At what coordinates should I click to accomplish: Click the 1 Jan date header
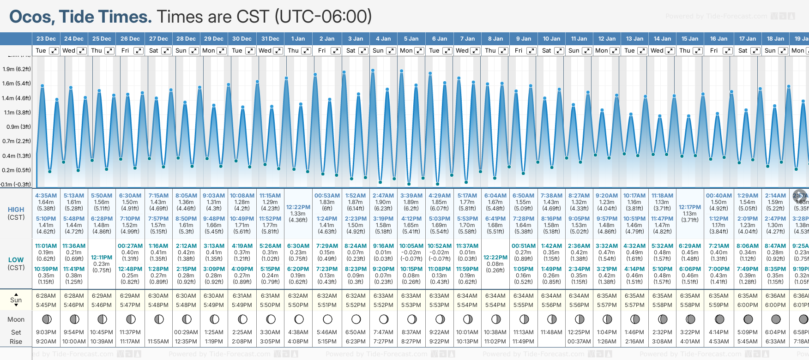(298, 39)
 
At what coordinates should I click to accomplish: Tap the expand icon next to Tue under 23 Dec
(54, 51)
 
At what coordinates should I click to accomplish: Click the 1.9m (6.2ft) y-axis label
(17, 69)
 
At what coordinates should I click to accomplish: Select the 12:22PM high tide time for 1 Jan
(298, 207)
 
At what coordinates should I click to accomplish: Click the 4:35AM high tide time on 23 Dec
(46, 196)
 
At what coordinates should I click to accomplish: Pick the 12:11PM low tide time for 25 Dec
(102, 258)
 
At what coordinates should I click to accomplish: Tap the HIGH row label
(16, 210)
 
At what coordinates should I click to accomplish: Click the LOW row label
(16, 260)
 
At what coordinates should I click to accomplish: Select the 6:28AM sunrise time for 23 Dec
(46, 296)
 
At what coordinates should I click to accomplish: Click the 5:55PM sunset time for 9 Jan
(523, 305)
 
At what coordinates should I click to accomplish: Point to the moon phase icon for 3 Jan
(356, 319)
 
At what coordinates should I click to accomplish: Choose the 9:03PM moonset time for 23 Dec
(46, 332)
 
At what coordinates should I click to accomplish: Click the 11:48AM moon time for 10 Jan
(551, 332)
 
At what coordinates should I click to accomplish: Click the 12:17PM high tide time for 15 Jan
(690, 207)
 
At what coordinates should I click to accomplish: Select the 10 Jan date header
(551, 39)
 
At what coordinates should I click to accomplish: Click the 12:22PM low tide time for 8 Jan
(495, 258)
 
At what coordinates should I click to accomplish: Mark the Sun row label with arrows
(16, 300)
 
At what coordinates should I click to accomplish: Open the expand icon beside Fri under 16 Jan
(727, 51)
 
